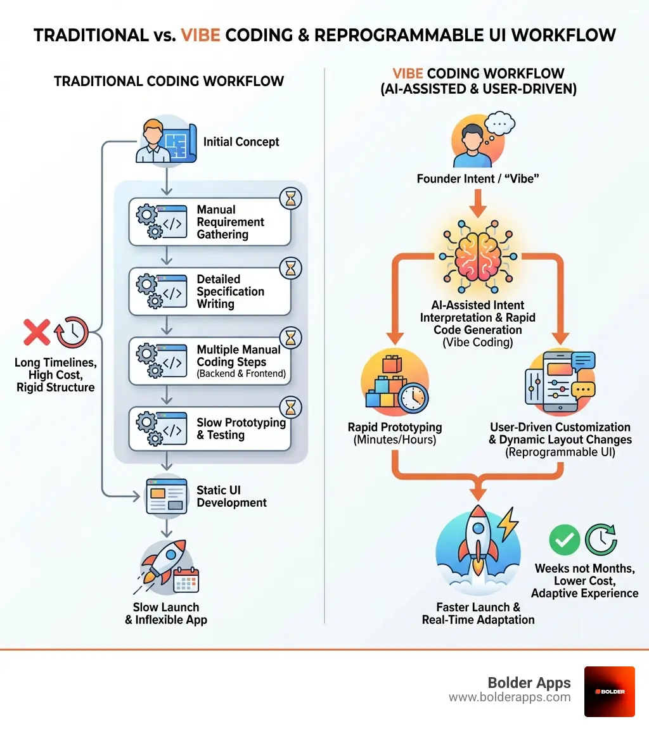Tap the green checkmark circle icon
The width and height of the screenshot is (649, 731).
click(x=564, y=540)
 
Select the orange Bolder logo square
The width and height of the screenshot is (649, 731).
click(x=609, y=691)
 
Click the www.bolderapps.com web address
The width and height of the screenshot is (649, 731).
click(x=510, y=697)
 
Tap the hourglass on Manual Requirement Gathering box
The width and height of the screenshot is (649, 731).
click(x=290, y=200)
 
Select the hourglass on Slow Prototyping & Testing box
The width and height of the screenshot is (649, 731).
click(x=290, y=406)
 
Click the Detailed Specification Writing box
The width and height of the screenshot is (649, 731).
click(x=210, y=291)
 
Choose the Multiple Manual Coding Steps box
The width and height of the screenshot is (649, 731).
click(x=210, y=361)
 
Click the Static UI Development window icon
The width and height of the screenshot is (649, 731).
click(x=166, y=496)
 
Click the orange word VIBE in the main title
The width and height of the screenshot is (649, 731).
click(x=200, y=34)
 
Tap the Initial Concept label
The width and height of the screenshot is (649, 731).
click(x=241, y=142)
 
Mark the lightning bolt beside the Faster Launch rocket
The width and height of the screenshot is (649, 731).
click(x=508, y=523)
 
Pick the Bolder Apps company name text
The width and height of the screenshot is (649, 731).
click(x=529, y=683)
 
